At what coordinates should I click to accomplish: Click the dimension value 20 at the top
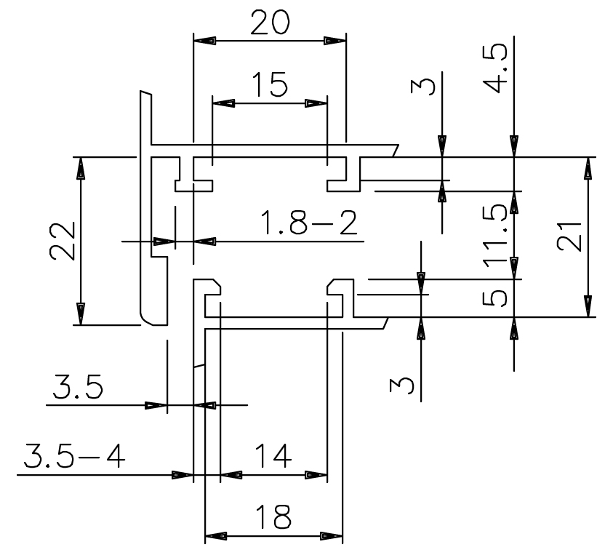(268, 23)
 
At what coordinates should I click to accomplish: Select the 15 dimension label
(268, 85)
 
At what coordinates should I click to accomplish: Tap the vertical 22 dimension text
(63, 241)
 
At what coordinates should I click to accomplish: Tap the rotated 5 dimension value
(497, 298)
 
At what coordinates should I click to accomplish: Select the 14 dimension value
(273, 457)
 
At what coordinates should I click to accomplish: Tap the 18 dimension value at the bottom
(273, 517)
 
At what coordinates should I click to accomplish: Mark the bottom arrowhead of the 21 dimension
(588, 305)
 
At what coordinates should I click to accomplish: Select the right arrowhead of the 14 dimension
(316, 475)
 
